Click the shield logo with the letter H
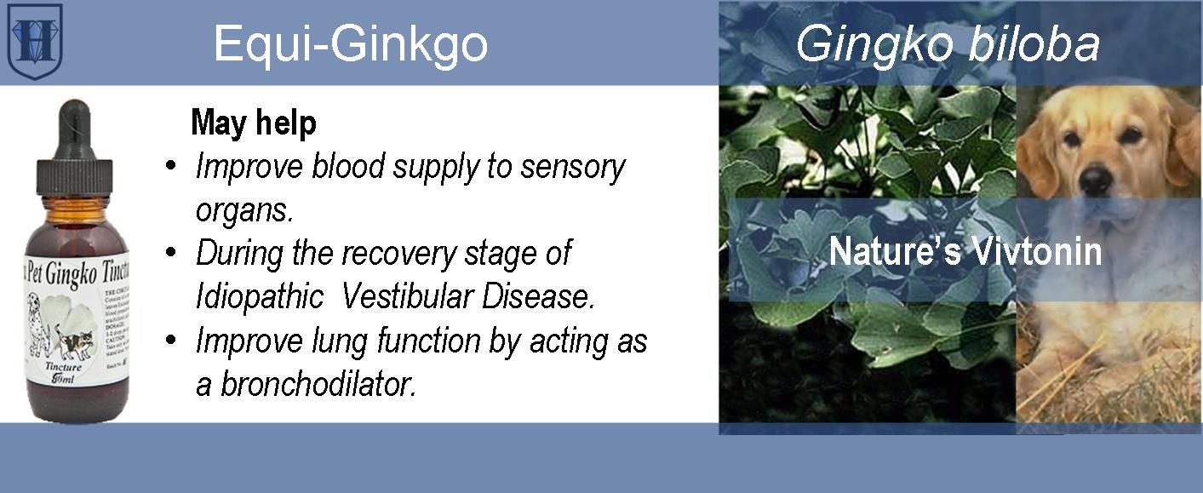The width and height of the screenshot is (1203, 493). tap(35, 41)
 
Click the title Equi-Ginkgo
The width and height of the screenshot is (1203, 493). tap(350, 43)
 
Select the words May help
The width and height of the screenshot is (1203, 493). tap(254, 123)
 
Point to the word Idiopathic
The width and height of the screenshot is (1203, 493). tap(259, 296)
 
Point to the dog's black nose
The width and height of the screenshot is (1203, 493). tap(1097, 180)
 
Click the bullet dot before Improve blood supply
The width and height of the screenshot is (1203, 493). tap(171, 167)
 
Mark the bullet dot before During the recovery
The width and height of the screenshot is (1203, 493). tap(171, 254)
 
